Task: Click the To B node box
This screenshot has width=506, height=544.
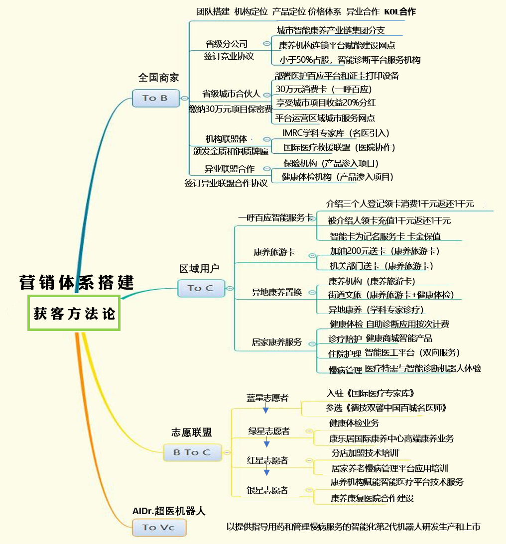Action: pyautogui.click(x=156, y=98)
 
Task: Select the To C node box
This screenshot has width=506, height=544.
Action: pyautogui.click(x=201, y=288)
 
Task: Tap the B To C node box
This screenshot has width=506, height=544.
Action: pyautogui.click(x=192, y=452)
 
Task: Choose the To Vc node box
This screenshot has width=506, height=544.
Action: pyautogui.click(x=159, y=528)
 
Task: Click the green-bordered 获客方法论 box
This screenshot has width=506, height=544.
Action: pyautogui.click(x=74, y=313)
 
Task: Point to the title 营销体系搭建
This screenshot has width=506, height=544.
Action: pyautogui.click(x=76, y=282)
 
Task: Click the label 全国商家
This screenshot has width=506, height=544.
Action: pyautogui.click(x=158, y=77)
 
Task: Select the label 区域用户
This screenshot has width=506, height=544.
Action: pyautogui.click(x=199, y=268)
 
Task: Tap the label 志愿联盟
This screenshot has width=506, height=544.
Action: pyautogui.click(x=192, y=433)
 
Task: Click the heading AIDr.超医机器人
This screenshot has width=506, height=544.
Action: pyautogui.click(x=169, y=511)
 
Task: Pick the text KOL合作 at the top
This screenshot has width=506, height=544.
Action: pyautogui.click(x=400, y=12)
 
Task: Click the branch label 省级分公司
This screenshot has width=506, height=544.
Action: pyautogui.click(x=227, y=44)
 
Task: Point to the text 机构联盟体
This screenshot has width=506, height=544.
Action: pyautogui.click(x=226, y=139)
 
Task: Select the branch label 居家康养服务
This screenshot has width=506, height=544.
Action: pyautogui.click(x=276, y=342)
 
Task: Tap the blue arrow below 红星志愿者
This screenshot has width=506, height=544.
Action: pyautogui.click(x=267, y=470)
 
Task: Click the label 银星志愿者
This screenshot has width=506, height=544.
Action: pyautogui.click(x=267, y=490)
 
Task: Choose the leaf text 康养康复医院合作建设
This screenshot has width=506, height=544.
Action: pyautogui.click(x=372, y=498)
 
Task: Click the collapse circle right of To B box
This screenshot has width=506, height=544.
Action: pyautogui.click(x=185, y=98)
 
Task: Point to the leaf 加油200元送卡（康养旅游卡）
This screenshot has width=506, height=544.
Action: pyautogui.click(x=384, y=251)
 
